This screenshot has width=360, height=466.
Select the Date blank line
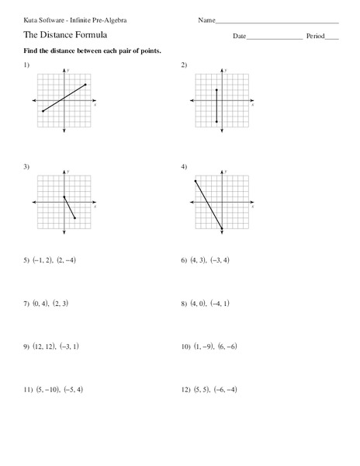(274, 38)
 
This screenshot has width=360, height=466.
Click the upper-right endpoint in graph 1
(85, 84)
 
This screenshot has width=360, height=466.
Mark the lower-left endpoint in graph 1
(43, 112)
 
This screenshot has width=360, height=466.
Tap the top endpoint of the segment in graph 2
(216, 90)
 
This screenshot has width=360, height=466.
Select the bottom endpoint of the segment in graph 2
(216, 122)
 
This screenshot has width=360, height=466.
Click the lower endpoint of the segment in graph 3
(74, 219)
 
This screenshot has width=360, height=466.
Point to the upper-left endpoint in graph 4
(196, 181)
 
